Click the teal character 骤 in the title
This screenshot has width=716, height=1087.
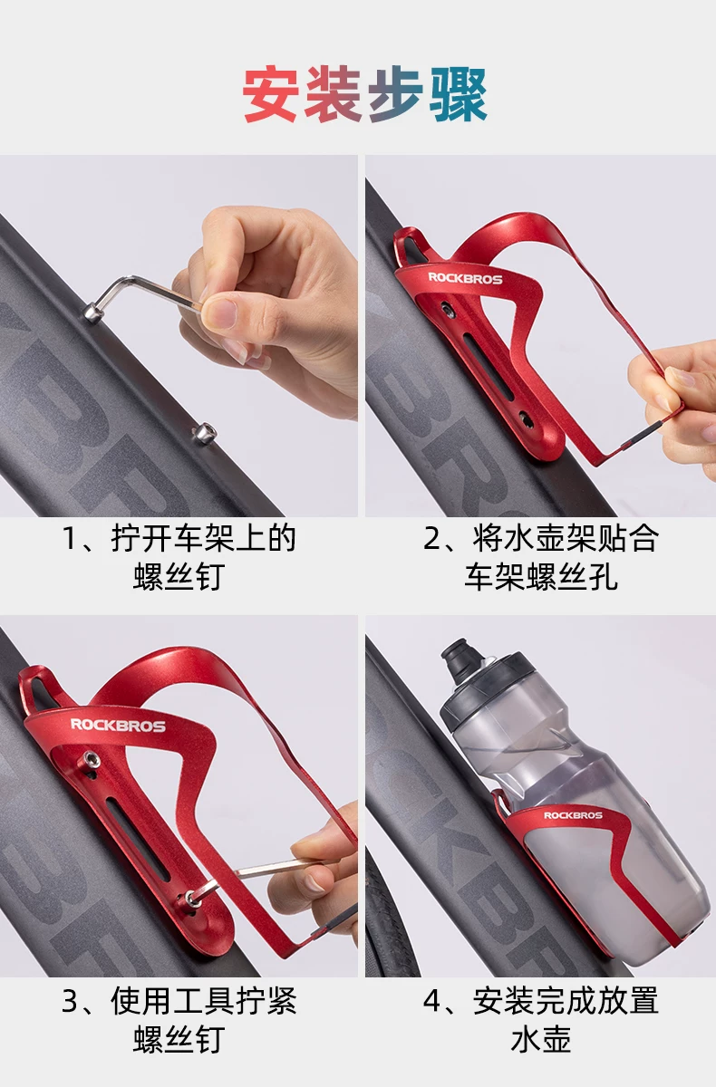[458, 94]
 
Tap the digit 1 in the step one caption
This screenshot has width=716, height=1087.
[69, 539]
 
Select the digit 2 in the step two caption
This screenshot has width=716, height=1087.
[431, 539]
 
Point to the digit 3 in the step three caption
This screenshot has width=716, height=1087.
[70, 1001]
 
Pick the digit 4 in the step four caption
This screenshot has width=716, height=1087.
[431, 1001]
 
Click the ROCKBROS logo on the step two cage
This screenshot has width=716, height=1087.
[465, 278]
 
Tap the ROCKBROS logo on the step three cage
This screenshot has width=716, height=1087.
[118, 725]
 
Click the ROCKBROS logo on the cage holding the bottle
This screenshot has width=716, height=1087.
[573, 815]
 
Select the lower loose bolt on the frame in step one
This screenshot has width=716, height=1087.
[204, 432]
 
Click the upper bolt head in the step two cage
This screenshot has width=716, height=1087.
[447, 310]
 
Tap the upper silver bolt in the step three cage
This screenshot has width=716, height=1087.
[91, 758]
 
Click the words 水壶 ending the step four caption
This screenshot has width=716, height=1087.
[540, 1039]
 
